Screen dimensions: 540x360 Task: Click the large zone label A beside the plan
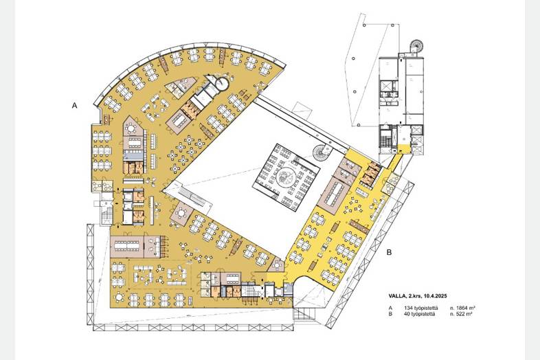(x=74, y=106)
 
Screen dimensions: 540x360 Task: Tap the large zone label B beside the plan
(x=389, y=253)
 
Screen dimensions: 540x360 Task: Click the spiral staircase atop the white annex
(x=416, y=46)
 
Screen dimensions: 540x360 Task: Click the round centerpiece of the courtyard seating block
(x=285, y=177)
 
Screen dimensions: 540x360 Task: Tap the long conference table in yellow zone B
(x=334, y=192)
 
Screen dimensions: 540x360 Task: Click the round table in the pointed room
(x=131, y=128)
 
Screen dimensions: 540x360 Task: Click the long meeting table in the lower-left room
(x=126, y=245)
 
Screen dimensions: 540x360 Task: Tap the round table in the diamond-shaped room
(x=181, y=213)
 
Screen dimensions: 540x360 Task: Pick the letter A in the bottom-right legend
(x=390, y=308)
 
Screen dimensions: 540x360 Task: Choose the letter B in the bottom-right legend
(x=390, y=314)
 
